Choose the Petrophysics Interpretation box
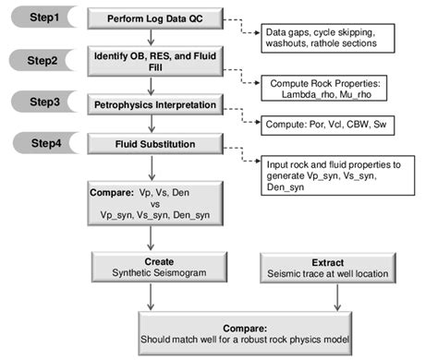150,105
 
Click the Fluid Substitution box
150,143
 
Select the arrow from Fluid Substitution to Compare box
150,167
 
